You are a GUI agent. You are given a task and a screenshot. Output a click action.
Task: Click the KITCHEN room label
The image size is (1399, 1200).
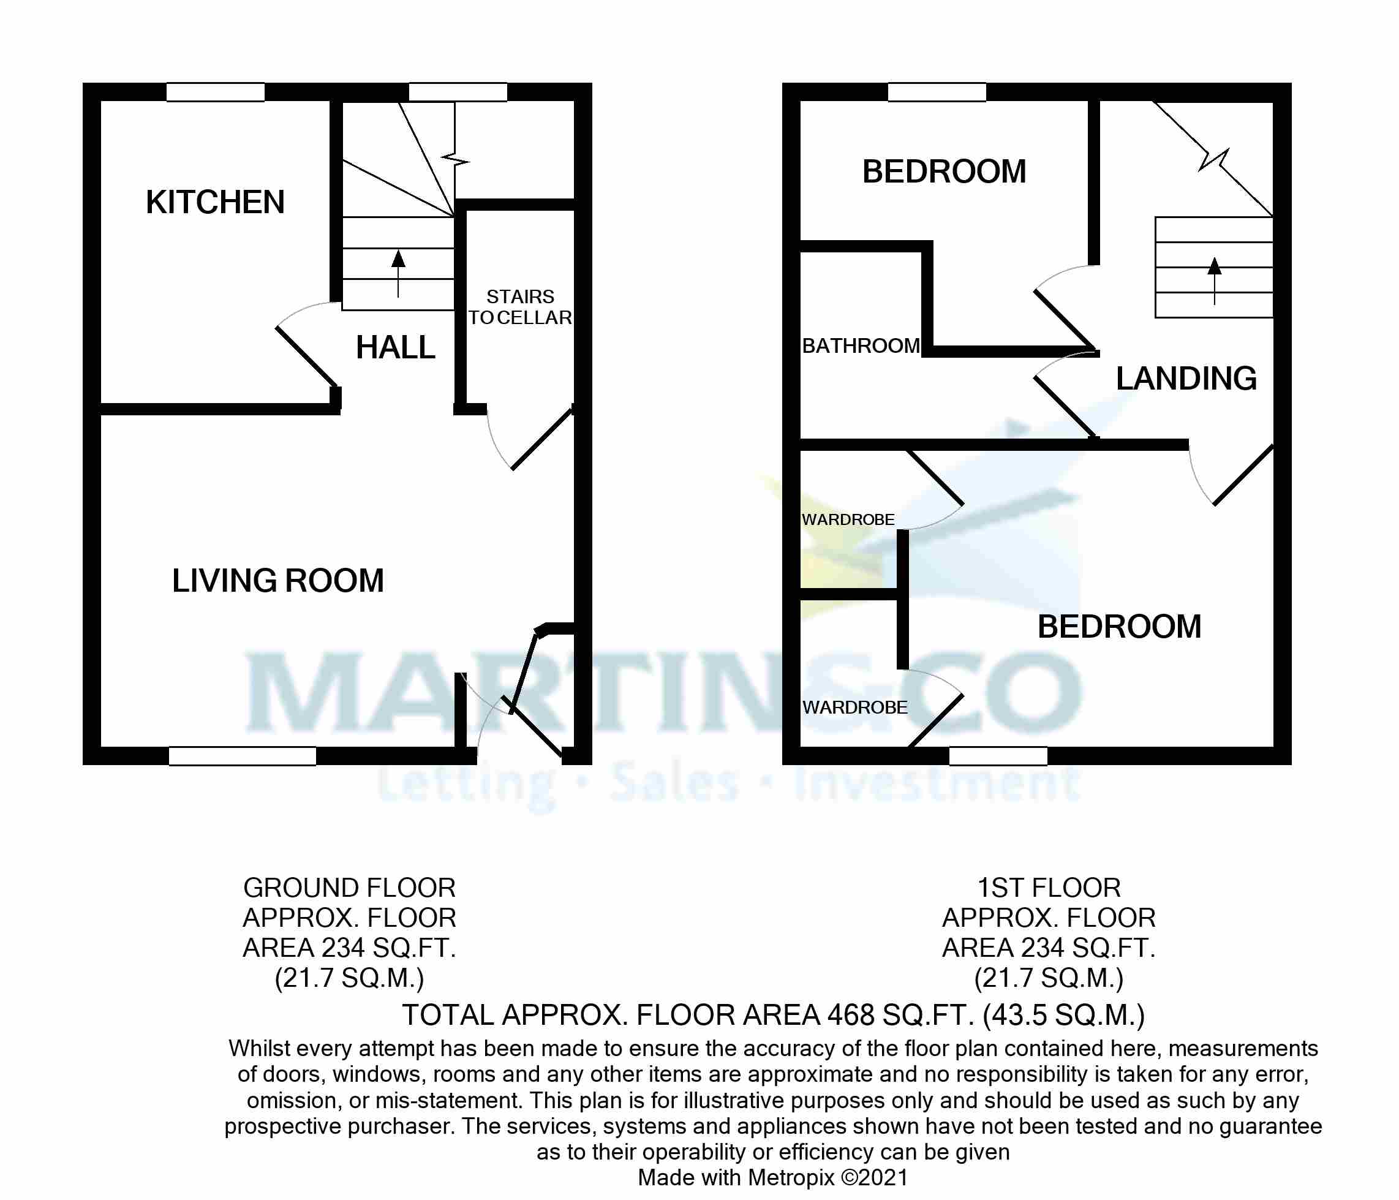click(215, 202)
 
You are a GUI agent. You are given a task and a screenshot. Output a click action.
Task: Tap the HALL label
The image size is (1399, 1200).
click(396, 348)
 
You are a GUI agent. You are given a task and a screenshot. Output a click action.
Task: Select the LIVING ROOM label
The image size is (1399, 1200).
click(277, 581)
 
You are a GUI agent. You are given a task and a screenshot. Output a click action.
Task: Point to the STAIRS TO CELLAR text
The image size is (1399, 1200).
click(520, 308)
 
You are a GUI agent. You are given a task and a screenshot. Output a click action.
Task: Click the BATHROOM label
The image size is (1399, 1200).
click(861, 345)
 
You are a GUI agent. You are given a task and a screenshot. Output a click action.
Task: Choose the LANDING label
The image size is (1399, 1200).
click(1186, 378)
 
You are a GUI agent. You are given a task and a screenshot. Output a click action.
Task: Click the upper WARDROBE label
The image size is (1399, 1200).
click(848, 519)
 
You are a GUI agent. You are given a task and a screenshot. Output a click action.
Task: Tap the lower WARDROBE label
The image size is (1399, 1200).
click(855, 707)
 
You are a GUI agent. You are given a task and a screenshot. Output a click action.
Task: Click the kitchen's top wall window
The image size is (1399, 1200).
click(216, 92)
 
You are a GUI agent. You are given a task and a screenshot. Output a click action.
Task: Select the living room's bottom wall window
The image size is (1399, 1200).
click(243, 756)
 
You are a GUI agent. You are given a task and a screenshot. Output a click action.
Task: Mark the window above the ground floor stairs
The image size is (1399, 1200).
click(458, 92)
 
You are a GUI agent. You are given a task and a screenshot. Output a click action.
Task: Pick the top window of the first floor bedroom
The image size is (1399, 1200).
click(937, 92)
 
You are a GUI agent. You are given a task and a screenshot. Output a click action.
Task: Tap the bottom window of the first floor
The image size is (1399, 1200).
click(998, 756)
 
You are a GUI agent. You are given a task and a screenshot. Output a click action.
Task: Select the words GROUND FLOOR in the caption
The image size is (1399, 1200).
click(349, 888)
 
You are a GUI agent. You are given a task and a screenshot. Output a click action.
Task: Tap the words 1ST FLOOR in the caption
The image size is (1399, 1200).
click(1049, 888)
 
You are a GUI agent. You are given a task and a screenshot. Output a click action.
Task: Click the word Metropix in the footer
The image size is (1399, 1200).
click(791, 1177)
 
